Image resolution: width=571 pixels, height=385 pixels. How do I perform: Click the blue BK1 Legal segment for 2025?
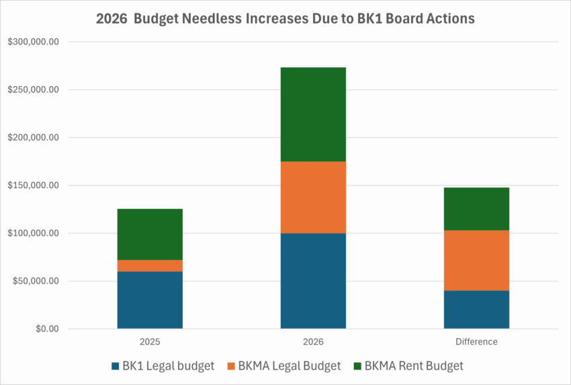[x=150, y=300]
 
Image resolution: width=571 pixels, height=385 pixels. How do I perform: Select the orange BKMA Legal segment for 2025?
[x=150, y=265]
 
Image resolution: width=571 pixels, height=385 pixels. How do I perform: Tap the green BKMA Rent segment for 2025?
[x=150, y=234]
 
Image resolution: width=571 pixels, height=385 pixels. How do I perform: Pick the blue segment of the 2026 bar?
[x=313, y=281]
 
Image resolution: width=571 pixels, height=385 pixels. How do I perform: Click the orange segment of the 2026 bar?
[x=313, y=197]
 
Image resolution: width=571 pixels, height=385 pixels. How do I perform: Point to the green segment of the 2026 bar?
[x=313, y=114]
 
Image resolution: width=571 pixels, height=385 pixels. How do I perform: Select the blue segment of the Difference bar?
[x=476, y=310]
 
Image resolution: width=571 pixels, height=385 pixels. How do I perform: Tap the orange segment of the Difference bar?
[x=476, y=260]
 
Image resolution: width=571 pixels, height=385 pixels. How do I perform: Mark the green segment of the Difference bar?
[x=476, y=209]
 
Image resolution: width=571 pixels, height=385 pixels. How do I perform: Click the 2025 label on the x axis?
[x=150, y=341]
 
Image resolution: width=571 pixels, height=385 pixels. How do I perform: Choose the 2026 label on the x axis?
[x=313, y=341]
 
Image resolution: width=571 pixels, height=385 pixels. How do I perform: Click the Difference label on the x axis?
[x=476, y=341]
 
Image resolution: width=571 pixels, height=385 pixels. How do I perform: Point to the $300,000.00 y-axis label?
[x=34, y=42]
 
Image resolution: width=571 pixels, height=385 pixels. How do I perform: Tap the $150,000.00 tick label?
[x=34, y=185]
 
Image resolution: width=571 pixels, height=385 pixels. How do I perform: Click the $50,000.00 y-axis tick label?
[x=36, y=281]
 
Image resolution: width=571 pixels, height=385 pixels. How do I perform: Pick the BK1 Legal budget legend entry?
[x=163, y=366]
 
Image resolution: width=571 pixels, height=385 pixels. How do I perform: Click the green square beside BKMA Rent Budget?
[x=357, y=366]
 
